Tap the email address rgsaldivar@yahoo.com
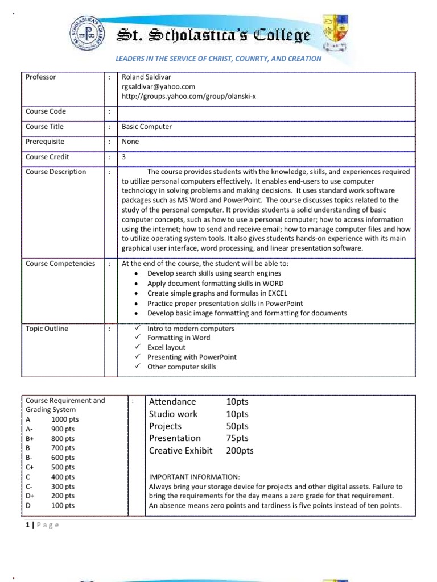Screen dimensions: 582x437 point(158,86)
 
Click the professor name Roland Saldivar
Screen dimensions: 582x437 point(146,77)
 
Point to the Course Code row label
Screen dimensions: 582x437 point(46,111)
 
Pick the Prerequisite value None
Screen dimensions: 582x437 point(130,142)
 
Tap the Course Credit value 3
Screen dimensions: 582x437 point(124,156)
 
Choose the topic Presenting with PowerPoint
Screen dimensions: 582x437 point(192,357)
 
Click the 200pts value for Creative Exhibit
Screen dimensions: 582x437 point(240,451)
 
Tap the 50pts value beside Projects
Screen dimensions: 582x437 point(237,426)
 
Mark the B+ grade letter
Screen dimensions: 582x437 point(30,438)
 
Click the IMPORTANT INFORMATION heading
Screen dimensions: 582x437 point(194,477)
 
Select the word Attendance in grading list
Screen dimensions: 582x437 point(172,402)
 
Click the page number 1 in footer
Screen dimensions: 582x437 point(27,525)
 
